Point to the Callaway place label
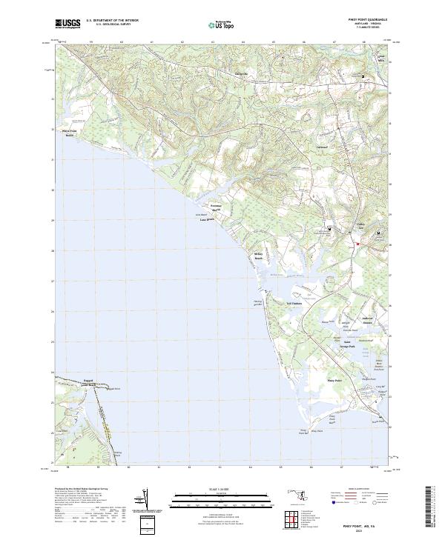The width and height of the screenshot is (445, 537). (323, 148)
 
